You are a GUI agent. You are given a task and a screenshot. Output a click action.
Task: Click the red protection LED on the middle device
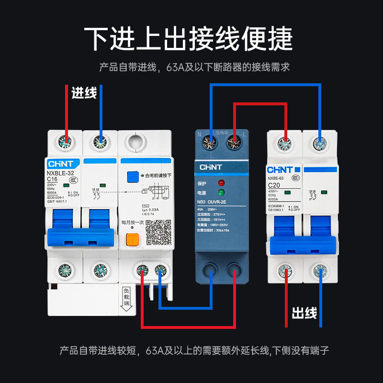click(x=221, y=183)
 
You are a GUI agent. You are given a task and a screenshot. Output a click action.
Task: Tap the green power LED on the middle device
click(x=221, y=193)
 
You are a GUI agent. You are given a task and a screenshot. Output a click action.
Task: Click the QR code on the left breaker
click(x=158, y=232)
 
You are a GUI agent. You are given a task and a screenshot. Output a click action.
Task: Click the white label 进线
click(x=84, y=93)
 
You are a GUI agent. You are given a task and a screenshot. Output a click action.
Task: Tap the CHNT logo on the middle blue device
click(x=211, y=168)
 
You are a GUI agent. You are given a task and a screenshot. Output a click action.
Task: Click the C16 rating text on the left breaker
click(x=55, y=180)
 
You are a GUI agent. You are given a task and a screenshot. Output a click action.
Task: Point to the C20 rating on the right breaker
click(x=274, y=185)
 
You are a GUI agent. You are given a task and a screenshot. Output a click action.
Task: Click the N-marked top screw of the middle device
click(x=209, y=141)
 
